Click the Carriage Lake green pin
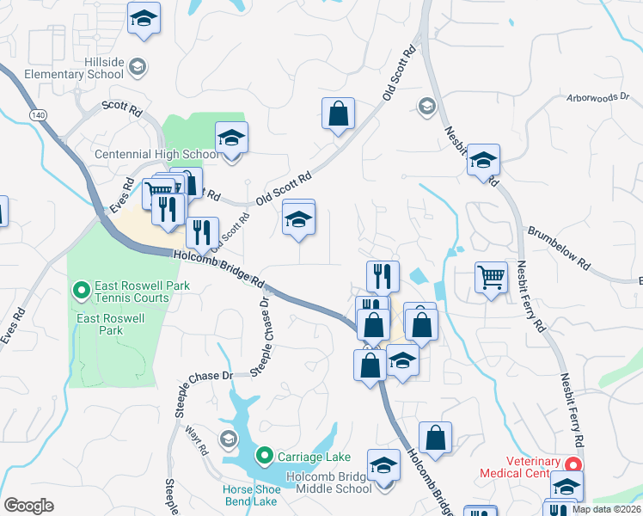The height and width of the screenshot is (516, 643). pos(265,455)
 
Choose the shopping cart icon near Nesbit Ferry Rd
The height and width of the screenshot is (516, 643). pos(491,278)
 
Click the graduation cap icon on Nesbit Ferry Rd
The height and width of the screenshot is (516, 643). pos(483,160)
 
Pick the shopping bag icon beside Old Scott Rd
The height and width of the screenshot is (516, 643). pos(339,113)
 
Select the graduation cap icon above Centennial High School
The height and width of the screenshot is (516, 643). pos(230,138)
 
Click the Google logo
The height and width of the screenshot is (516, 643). pos(28,506)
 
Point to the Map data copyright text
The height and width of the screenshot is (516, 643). pos(605,509)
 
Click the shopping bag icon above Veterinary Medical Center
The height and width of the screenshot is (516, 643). pos(436,437)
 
